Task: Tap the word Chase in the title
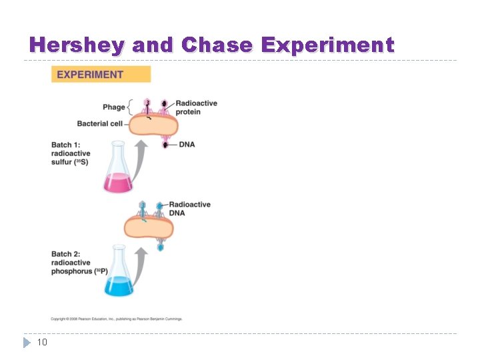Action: [x=217, y=45]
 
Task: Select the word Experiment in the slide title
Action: [x=327, y=45]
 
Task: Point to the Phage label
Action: [x=113, y=107]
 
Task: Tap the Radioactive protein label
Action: [x=196, y=107]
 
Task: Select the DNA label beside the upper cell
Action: [x=187, y=144]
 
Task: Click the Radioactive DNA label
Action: [x=189, y=209]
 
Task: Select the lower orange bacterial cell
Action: [x=149, y=228]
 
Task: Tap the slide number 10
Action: [x=41, y=343]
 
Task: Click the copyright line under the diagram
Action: [x=117, y=319]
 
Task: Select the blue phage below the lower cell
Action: [x=160, y=246]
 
